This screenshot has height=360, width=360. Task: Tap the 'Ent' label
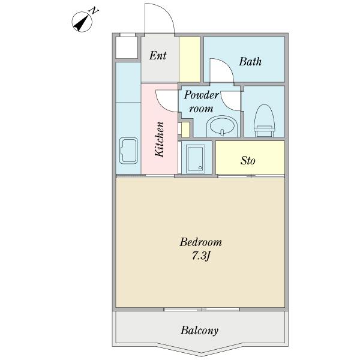point(158,56)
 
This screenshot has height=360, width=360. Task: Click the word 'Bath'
point(250,61)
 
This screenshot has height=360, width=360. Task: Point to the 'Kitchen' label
point(160,140)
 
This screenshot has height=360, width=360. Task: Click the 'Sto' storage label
point(248,161)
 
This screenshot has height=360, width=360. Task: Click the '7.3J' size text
point(201,256)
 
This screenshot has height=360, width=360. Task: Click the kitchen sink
point(129,151)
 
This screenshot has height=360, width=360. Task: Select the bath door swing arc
point(222,69)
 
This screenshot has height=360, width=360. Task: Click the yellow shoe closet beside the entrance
point(190,59)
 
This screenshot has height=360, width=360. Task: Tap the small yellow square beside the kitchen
point(185,129)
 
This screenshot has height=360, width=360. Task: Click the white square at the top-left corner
point(126,47)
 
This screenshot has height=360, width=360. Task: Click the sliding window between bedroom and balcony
point(202,310)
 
